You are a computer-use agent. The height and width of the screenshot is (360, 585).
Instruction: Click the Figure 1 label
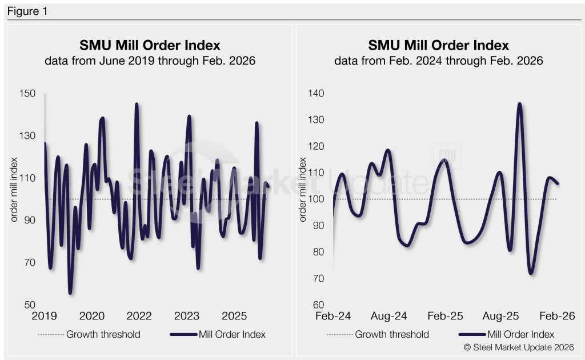pyautogui.click(x=27, y=11)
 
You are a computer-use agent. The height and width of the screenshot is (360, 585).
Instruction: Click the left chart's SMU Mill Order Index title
pyautogui.click(x=149, y=45)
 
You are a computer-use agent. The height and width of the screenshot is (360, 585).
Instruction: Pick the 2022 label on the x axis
pyautogui.click(x=139, y=316)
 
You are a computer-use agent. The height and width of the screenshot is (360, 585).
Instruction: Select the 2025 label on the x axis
pyautogui.click(x=234, y=316)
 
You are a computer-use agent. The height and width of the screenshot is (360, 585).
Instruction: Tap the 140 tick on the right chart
pyautogui.click(x=316, y=94)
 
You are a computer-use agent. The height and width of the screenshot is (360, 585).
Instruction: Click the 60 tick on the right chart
pyautogui.click(x=319, y=305)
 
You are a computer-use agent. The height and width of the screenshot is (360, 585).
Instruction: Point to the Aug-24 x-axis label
pyautogui.click(x=389, y=316)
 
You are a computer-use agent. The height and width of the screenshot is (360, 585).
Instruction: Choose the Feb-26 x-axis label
pyautogui.click(x=556, y=316)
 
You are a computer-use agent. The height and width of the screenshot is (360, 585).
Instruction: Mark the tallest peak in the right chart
pyautogui.click(x=519, y=104)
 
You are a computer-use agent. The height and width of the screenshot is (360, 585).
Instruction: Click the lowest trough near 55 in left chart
pyautogui.click(x=70, y=293)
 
